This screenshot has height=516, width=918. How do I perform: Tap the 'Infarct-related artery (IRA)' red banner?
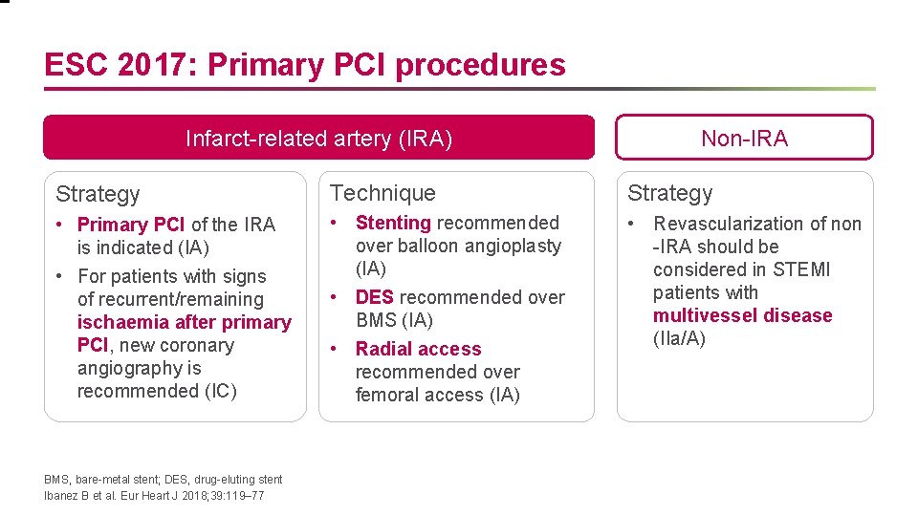318,139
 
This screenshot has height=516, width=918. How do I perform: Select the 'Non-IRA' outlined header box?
744,139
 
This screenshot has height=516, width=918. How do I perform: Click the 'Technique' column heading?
382,193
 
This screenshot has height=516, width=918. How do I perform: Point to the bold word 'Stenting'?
393,223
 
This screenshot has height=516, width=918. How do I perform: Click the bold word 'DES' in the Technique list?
374,297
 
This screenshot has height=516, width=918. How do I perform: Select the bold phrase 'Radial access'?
418,349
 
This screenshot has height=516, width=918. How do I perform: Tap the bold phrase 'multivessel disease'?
743,315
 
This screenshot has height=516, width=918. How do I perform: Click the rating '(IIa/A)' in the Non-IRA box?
680,338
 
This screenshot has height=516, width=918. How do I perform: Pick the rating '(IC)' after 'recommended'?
217,391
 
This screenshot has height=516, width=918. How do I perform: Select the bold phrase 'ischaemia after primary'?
185,322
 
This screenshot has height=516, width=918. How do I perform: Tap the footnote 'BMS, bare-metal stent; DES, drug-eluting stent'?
164,480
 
